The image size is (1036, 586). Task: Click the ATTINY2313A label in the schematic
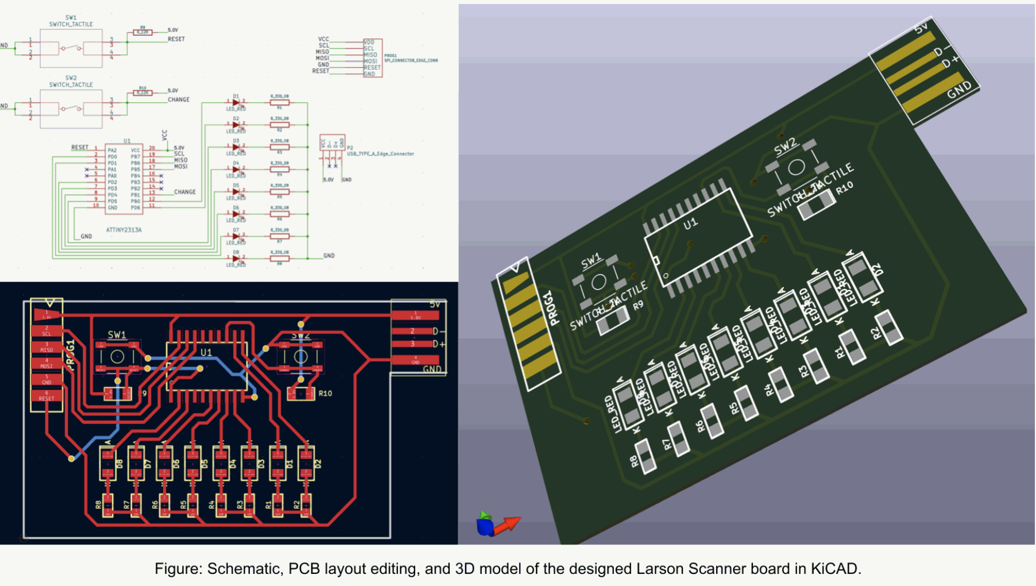[x=123, y=230]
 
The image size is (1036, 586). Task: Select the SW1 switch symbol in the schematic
[x=71, y=48]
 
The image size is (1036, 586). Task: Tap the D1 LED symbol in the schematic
[x=235, y=103]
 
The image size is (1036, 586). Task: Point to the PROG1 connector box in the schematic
[x=373, y=58]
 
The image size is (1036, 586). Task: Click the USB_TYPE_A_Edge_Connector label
[x=380, y=154]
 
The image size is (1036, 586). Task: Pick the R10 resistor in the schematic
[x=142, y=92]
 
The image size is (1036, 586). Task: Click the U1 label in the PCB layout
[x=206, y=352]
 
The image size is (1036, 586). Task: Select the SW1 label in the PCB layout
[x=117, y=334]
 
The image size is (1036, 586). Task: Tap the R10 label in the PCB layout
[x=325, y=394]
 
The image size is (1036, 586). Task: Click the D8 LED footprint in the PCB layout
[x=107, y=463]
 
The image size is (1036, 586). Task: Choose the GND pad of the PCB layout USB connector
[x=415, y=360]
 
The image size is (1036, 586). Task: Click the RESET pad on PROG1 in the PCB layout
[x=47, y=396]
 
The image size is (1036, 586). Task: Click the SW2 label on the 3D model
[x=785, y=147]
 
